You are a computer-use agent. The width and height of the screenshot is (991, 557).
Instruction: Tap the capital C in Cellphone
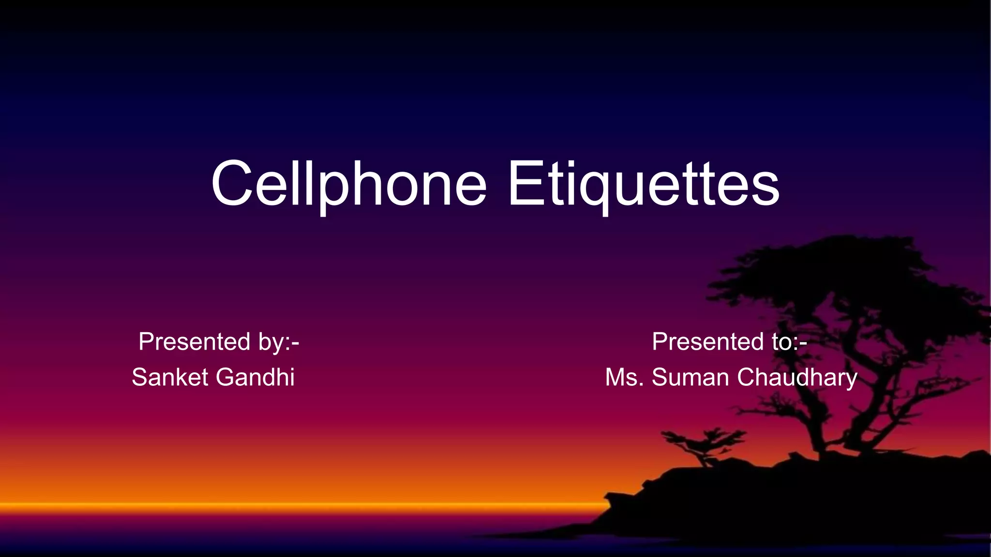pos(232,184)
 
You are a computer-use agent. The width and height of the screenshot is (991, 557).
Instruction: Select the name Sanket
pos(169,377)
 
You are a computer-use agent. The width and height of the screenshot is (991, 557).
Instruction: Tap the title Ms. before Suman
pos(624,378)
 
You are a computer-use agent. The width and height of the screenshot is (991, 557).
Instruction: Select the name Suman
pos(690,378)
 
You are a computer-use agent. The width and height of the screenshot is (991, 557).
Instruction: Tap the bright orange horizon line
pos(290,505)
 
